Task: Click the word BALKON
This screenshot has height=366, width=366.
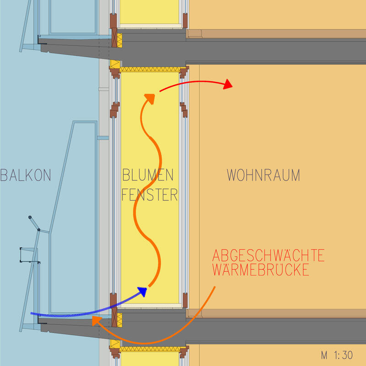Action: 26,175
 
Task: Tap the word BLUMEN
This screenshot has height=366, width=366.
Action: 148,175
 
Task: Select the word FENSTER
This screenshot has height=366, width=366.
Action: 150,195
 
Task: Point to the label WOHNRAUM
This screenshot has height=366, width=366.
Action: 264,175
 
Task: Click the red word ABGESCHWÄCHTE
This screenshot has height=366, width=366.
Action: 269,256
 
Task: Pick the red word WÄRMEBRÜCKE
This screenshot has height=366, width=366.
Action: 261,270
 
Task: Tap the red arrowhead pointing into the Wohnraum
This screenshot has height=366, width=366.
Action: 227,84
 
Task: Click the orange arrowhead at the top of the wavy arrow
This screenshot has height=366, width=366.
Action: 148,97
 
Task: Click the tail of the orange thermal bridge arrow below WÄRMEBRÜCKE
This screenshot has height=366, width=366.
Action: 215,287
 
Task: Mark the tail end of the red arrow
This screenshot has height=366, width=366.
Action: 160,92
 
